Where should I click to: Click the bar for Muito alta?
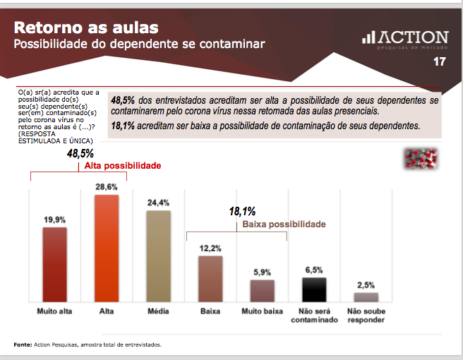pyautogui.click(x=54, y=265)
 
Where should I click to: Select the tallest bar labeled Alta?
pyautogui.click(x=107, y=248)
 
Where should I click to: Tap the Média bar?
pyautogui.click(x=158, y=256)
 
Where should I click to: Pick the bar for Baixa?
pyautogui.click(x=210, y=279)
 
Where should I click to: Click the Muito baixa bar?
pyautogui.click(x=262, y=291)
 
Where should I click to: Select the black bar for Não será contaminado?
pyautogui.click(x=314, y=289)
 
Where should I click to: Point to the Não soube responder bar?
pyautogui.click(x=366, y=297)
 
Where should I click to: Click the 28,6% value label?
pyautogui.click(x=107, y=186)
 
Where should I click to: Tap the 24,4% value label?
pyautogui.click(x=158, y=202)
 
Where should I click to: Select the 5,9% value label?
pyautogui.click(x=262, y=272)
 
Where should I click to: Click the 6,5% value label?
pyautogui.click(x=314, y=270)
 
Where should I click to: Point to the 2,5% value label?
pyautogui.click(x=366, y=284)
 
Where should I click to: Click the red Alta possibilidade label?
pyautogui.click(x=123, y=166)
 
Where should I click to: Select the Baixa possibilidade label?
pyautogui.click(x=284, y=224)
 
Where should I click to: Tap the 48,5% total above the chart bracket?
pyautogui.click(x=80, y=153)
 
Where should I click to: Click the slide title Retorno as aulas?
pyautogui.click(x=86, y=28)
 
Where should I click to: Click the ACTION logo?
pyautogui.click(x=404, y=40)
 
